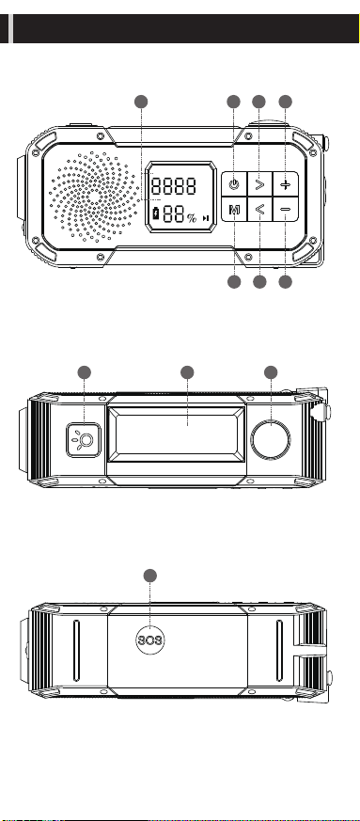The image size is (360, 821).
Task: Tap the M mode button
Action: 234,210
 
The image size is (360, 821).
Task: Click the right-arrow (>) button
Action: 259,184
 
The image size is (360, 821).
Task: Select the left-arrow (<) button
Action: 259,210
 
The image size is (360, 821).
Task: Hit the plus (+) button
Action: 285,184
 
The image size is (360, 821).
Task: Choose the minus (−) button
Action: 285,210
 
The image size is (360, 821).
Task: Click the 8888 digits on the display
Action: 174,186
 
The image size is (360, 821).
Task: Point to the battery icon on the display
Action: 155,213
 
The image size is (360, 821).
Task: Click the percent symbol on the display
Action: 192,218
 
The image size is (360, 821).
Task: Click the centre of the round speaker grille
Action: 93,197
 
